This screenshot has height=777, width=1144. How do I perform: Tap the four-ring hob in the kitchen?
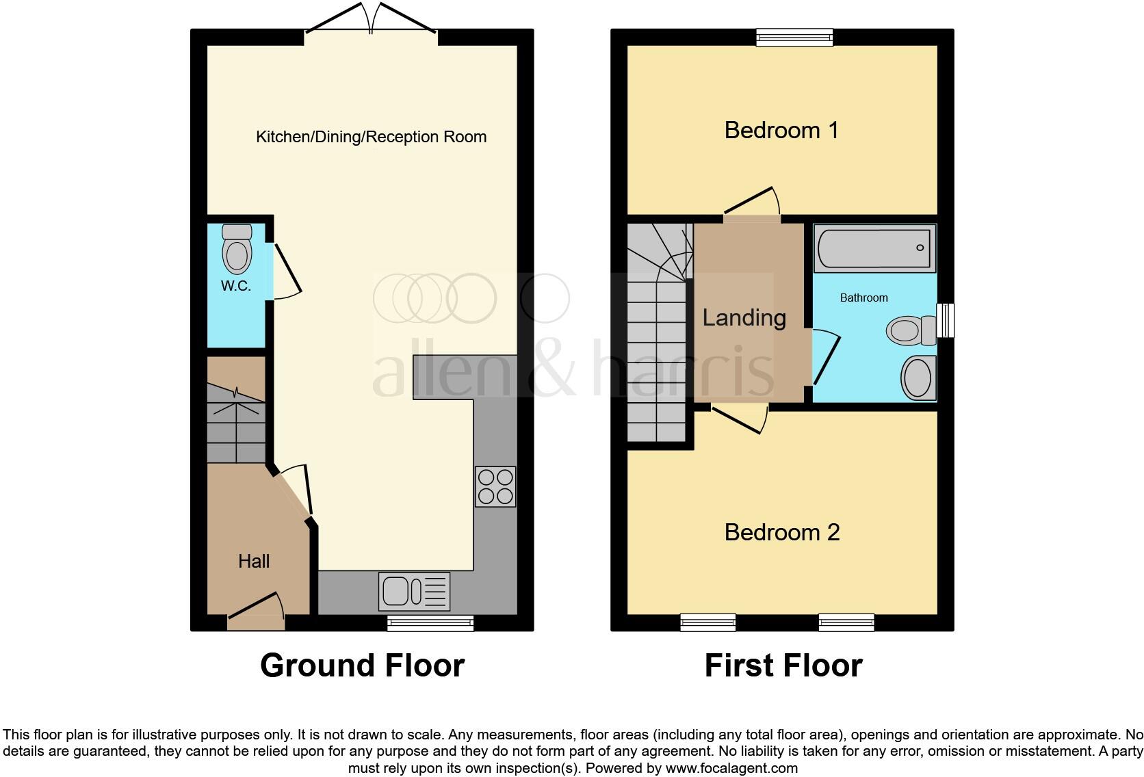point(495,486)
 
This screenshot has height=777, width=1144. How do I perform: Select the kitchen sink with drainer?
point(414,591)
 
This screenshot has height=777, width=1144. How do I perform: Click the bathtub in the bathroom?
point(874,248)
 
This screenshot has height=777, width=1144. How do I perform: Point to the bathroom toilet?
point(911,331)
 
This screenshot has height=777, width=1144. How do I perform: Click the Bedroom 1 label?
point(781,130)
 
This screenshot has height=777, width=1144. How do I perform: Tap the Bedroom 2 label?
point(782,532)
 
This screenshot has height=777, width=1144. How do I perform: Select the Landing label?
point(744,317)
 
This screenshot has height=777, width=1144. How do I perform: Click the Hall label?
point(254,562)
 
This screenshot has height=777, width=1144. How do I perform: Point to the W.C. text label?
point(235,287)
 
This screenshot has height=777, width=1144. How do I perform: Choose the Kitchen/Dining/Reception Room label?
point(371,137)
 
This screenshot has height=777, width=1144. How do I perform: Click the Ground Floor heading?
point(362,666)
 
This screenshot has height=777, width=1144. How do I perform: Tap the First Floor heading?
point(783,666)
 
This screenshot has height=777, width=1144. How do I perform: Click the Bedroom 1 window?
point(794,37)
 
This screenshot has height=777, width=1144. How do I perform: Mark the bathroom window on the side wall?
point(945,320)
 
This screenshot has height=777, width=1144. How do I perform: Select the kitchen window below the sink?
point(430,622)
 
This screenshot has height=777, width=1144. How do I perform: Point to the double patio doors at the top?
point(370,21)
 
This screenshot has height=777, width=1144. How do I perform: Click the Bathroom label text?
point(863,298)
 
